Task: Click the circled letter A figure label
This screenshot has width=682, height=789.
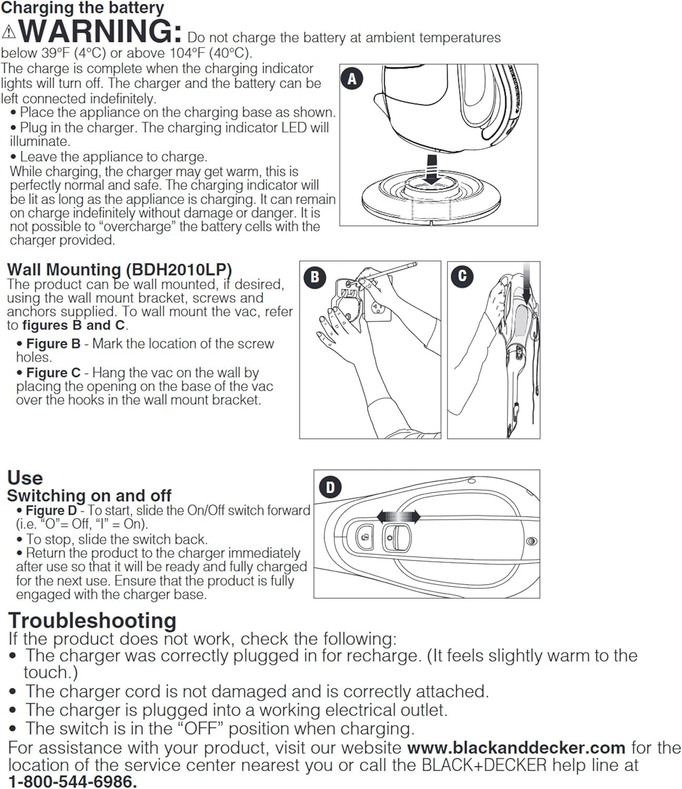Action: point(352,79)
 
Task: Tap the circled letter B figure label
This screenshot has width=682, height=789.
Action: point(315,277)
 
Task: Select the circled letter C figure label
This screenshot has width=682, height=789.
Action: point(463,276)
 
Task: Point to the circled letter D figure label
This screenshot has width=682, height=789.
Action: point(330,487)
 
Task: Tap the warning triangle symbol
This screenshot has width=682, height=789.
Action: point(9,33)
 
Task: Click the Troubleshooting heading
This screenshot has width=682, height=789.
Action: point(92,621)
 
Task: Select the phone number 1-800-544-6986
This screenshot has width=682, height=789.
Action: point(73,782)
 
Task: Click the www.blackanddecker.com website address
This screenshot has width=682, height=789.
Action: point(516,747)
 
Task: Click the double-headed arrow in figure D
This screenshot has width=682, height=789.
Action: point(398,517)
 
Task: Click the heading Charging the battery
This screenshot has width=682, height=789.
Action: point(83,8)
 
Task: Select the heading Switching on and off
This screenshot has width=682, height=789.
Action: point(89,495)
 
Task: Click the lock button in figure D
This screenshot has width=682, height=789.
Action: point(365,538)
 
